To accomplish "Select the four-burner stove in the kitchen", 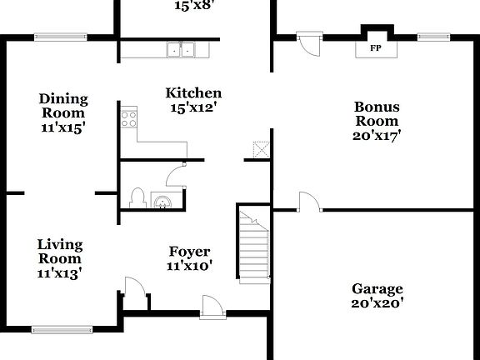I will click(x=129, y=117).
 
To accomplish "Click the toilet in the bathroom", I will click(x=138, y=198).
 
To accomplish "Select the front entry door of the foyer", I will click(x=212, y=307).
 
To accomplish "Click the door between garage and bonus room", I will click(x=308, y=202).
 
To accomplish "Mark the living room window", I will click(x=62, y=328).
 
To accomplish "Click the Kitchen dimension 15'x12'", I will click(x=192, y=107).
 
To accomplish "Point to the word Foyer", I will click(x=189, y=252).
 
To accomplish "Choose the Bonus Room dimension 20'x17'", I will click(x=377, y=136).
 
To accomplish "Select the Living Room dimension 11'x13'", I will click(x=59, y=272).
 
